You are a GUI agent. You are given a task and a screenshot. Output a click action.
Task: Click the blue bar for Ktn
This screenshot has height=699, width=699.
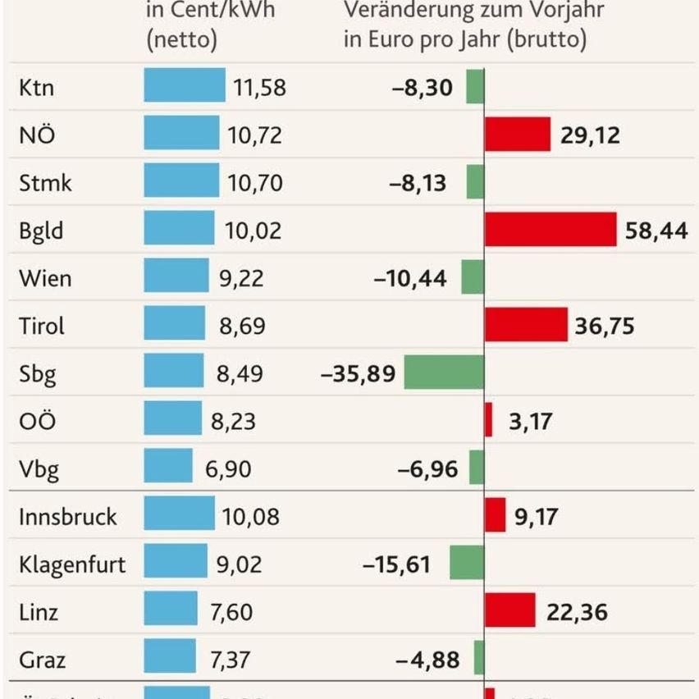tap(184, 85)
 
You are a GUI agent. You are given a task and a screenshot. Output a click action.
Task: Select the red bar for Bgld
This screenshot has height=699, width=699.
tap(550, 229)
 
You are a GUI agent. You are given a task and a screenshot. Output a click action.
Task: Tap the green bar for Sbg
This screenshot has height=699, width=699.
tap(444, 372)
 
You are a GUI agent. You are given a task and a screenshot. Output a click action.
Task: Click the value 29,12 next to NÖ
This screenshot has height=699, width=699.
tap(590, 135)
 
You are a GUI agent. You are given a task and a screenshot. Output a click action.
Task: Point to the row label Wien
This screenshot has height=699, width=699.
tap(45, 278)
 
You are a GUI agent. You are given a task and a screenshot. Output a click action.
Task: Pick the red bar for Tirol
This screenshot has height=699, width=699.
tap(525, 325)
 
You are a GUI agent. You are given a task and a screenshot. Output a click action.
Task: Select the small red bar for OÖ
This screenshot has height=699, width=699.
tap(489, 420)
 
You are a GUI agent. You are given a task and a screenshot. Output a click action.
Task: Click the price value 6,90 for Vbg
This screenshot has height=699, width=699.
tap(223, 469)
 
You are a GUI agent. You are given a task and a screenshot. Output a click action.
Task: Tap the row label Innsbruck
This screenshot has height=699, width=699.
tap(68, 517)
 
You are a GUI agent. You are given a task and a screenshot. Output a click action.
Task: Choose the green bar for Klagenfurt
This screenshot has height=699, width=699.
tap(467, 564)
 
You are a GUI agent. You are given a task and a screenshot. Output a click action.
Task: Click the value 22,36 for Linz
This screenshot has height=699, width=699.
tap(578, 612)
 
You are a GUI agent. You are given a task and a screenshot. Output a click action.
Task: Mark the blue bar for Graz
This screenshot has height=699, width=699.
tap(170, 659)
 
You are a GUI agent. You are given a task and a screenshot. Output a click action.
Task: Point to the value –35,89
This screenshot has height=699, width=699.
tap(358, 374)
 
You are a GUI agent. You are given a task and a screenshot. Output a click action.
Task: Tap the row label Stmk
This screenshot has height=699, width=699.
tap(45, 182)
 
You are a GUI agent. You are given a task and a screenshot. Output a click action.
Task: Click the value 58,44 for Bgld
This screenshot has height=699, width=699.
tap(656, 231)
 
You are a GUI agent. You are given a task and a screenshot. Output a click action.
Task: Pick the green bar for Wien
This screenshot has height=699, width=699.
tap(473, 277)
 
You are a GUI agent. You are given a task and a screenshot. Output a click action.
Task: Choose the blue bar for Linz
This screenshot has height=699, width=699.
tap(171, 611)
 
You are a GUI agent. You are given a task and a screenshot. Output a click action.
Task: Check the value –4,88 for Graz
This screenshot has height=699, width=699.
tap(427, 660)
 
